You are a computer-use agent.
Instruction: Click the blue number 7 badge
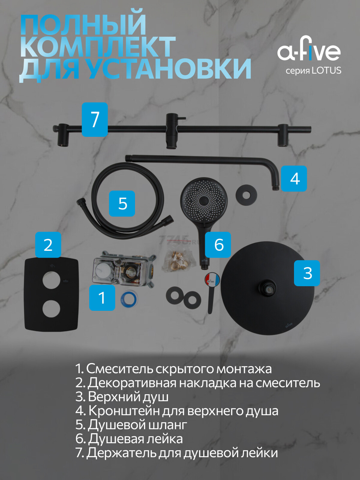(95, 119)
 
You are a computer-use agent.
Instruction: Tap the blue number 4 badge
(294, 178)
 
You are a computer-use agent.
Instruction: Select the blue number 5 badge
(122, 203)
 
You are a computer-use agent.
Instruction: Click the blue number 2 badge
(48, 244)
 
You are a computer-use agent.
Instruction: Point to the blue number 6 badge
(218, 244)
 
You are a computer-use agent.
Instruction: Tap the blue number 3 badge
(307, 273)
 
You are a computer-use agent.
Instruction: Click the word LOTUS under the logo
(326, 70)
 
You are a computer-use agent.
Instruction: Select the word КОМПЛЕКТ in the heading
(98, 47)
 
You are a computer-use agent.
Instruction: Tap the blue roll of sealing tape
(129, 299)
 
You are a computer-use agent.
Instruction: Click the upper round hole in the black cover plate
(51, 280)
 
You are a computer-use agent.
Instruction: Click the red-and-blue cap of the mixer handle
(212, 279)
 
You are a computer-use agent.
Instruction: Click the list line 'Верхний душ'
(122, 397)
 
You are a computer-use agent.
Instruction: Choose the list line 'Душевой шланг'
(131, 424)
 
